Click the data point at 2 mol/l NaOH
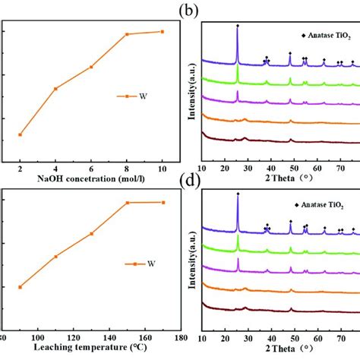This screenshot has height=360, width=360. tap(20, 134)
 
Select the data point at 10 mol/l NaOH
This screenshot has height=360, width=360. tap(162, 31)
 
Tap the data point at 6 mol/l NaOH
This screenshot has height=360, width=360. tap(91, 67)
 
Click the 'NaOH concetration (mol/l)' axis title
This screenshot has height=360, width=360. tap(90, 179)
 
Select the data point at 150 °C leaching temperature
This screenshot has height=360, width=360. tap(127, 203)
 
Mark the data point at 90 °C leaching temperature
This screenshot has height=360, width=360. tap(20, 286)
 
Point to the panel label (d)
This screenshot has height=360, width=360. tap(213, 180)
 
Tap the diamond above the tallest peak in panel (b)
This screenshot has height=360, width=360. tap(238, 26)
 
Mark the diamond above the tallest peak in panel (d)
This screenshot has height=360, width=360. tap(238, 194)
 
